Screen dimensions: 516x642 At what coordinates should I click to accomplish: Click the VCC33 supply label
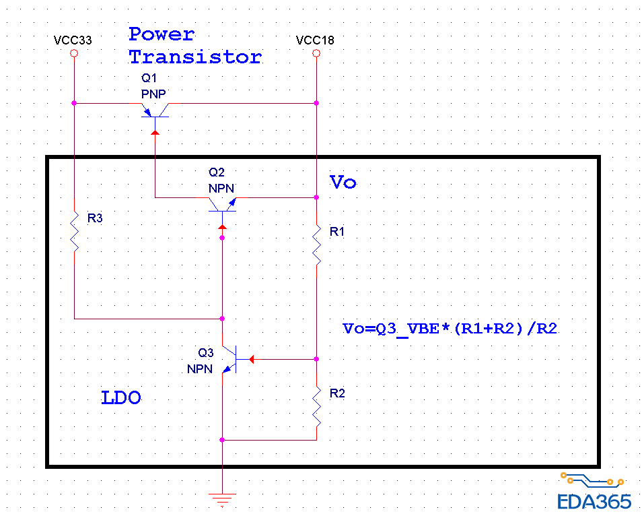click(x=73, y=40)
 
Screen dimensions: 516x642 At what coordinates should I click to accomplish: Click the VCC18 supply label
click(x=315, y=40)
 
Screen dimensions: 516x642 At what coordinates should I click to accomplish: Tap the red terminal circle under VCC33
click(x=74, y=53)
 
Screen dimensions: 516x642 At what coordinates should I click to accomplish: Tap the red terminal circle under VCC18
click(x=316, y=53)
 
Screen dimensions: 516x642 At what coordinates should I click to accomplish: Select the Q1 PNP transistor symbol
click(x=156, y=111)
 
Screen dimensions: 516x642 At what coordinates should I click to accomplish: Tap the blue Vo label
click(x=343, y=183)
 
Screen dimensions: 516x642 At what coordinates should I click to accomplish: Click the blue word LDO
click(x=121, y=398)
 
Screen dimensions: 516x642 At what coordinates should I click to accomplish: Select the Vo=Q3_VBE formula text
click(x=450, y=329)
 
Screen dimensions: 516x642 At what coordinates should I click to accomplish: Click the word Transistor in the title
click(x=195, y=57)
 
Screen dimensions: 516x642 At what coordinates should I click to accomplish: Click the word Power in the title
click(x=162, y=34)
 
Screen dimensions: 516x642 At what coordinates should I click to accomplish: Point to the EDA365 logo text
click(x=594, y=502)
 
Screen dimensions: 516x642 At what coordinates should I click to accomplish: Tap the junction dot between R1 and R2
click(x=316, y=359)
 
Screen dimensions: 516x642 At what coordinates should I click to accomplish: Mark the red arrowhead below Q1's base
click(x=155, y=133)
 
